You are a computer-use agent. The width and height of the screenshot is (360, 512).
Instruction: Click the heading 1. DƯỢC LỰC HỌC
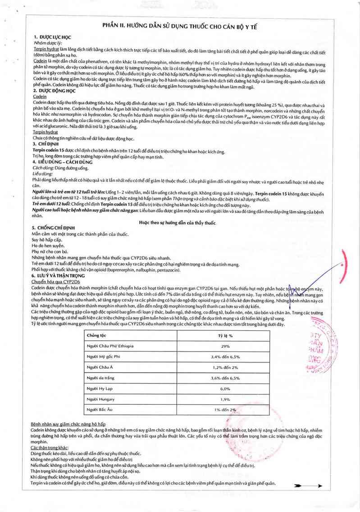pyautogui.click(x=52, y=37)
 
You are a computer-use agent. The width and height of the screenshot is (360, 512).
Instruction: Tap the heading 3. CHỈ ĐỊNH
pyautogui.click(x=46, y=143)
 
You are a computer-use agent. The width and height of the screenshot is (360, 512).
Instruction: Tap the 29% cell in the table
pyautogui.click(x=225, y=346)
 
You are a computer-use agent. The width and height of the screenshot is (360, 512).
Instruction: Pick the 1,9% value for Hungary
pyautogui.click(x=225, y=399)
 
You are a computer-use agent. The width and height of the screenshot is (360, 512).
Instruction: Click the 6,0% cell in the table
pyautogui.click(x=225, y=389)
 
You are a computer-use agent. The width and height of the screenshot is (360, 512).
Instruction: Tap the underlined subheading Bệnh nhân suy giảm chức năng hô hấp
pyautogui.click(x=68, y=425)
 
